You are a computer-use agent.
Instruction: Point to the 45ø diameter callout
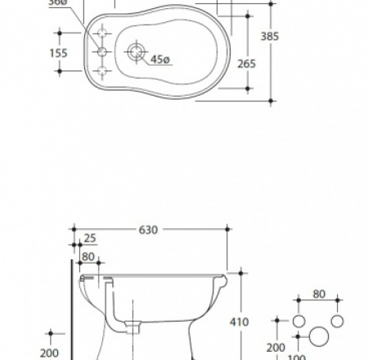[x=159, y=58]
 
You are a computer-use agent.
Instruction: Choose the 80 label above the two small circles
[x=318, y=294]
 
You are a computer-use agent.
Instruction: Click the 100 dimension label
[x=297, y=355]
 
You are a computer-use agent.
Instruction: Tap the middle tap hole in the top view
[x=103, y=52]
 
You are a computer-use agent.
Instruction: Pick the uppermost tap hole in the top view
[x=103, y=33]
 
